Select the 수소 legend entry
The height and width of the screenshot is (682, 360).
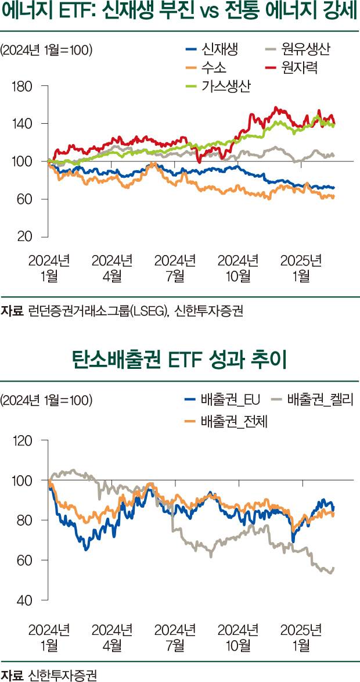(x=211, y=68)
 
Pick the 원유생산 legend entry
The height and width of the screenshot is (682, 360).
(x=305, y=49)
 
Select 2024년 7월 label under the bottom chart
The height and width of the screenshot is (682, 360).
(x=175, y=637)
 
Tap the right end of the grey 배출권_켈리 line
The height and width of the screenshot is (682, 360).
(x=334, y=568)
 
